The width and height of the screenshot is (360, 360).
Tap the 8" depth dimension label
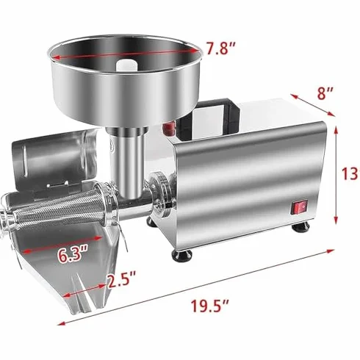click(x=325, y=93)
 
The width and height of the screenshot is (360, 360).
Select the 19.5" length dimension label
click(x=209, y=306)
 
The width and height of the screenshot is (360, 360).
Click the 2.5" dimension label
click(x=122, y=280)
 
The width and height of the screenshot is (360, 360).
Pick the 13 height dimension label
click(x=351, y=174)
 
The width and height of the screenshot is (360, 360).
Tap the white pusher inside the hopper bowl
click(x=126, y=65)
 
